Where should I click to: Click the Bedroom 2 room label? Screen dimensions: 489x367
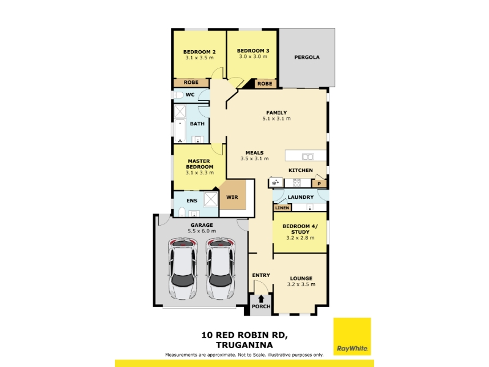tap(199, 52)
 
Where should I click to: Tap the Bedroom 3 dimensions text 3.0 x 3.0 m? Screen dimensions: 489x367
tap(253, 56)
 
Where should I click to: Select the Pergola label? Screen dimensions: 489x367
tap(307, 57)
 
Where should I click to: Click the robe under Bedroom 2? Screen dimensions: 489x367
tap(191, 83)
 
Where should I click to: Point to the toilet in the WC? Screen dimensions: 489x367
tap(178, 95)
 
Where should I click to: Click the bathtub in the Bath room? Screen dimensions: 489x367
tap(180, 131)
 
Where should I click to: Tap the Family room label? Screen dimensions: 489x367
tap(276, 113)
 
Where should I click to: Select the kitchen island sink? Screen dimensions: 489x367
tap(308, 157)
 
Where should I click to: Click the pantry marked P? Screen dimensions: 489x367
tap(319, 183)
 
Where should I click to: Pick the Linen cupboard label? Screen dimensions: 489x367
tap(282, 207)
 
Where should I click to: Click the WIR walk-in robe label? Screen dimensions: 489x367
tap(232, 197)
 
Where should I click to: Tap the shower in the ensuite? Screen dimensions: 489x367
tap(210, 199)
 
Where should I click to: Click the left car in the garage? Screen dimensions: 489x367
tap(183, 269)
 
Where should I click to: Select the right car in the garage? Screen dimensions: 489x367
tap(220, 269)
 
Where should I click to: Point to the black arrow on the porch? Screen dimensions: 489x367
tap(261, 298)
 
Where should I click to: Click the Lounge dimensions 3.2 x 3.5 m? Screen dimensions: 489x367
tap(301, 284)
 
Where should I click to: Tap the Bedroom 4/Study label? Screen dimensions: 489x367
tap(300, 229)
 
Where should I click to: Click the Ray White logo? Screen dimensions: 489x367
tap(352, 336)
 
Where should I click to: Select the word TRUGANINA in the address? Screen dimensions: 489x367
tap(244, 345)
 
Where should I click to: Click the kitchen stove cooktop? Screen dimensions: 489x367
tap(296, 182)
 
